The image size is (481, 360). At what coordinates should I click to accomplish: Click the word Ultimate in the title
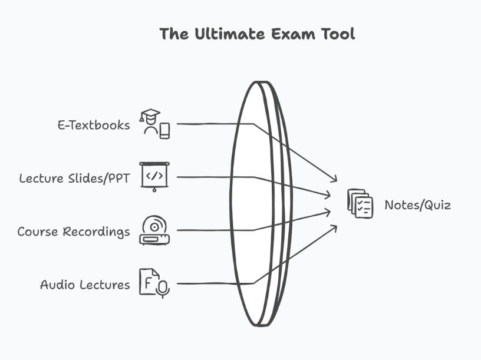(x=228, y=34)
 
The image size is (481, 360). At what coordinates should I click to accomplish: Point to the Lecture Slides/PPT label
(x=74, y=178)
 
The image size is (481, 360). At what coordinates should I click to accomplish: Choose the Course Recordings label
(x=74, y=232)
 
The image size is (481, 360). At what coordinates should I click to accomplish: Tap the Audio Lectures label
(x=85, y=285)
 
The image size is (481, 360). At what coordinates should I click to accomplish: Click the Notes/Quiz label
(x=417, y=205)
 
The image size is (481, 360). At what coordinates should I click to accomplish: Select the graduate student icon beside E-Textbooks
(x=154, y=124)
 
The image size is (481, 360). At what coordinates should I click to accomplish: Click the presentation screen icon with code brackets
(x=154, y=176)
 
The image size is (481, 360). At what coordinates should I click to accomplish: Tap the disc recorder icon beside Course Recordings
(x=154, y=230)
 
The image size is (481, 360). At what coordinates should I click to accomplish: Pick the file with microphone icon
(x=154, y=283)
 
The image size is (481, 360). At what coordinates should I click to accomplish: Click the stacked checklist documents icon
(x=360, y=203)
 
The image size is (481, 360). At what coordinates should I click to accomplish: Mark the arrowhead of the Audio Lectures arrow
(x=334, y=227)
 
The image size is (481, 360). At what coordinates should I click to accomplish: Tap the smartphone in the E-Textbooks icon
(x=164, y=130)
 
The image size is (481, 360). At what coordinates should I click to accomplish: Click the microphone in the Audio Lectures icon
(x=163, y=288)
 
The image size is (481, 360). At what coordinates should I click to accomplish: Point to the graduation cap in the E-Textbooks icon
(x=150, y=114)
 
